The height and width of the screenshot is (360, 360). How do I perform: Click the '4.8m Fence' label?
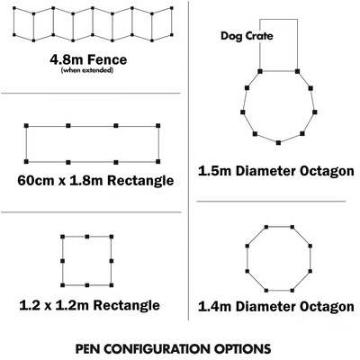pos(88,59)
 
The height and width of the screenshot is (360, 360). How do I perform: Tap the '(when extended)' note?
pos(87,70)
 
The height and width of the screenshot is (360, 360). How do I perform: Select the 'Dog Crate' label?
pos(247,36)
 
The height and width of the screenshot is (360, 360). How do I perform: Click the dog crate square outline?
pos(278,20)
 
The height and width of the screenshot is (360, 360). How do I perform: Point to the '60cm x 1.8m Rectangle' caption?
pos(95,181)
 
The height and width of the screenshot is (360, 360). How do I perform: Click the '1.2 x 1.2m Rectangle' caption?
pos(89,305)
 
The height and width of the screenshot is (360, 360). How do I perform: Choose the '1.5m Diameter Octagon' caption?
pos(276,171)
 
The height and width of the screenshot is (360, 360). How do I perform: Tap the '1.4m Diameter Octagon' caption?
pos(276,307)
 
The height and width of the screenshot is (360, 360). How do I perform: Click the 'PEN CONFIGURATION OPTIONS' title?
pos(173,349)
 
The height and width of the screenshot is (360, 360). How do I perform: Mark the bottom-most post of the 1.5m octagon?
pos(278,143)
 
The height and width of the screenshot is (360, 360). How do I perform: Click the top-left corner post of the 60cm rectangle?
pos(26,125)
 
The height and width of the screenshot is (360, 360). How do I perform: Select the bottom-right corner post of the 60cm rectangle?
pos(158,162)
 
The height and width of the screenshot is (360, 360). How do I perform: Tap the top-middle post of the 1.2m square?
pos(87,237)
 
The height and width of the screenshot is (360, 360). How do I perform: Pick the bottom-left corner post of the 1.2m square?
pos(62,285)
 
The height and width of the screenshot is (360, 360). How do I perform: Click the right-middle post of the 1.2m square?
pos(112,261)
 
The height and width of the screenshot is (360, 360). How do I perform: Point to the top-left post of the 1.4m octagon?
pos(266,227)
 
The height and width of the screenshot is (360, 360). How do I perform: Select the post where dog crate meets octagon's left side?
pos(260,71)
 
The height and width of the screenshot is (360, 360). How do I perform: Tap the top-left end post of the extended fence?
pos(14,9)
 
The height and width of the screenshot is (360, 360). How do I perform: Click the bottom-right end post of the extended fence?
pos(172,35)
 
